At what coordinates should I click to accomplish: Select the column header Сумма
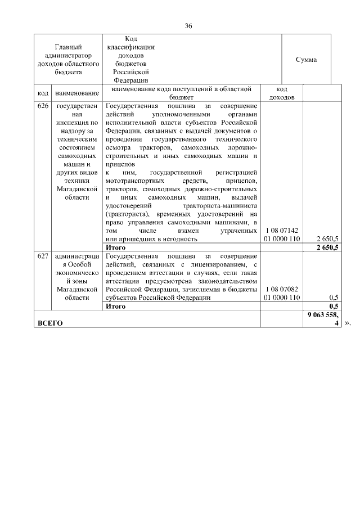coord(306,60)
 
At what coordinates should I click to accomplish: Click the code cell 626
coord(43,106)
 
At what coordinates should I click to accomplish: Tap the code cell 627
coord(43,256)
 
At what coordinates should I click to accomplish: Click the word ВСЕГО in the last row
coord(49,323)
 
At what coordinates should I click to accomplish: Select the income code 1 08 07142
coord(282,230)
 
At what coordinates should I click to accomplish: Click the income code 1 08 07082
coord(282,289)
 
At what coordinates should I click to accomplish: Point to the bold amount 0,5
coord(333,307)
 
